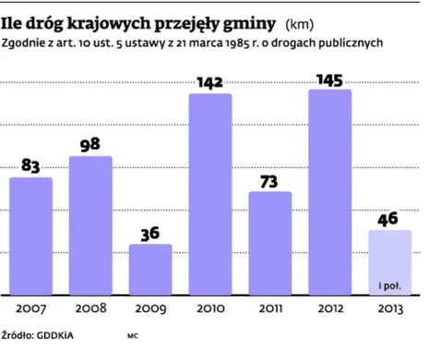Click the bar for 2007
coord(30,236)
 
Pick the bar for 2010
coord(210,195)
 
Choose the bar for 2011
coord(270,244)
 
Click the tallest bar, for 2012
coord(330,192)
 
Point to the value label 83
coord(30,166)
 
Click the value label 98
coord(90,145)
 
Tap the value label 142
coord(210,83)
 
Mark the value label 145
coord(330,79)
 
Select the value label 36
coord(150,234)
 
